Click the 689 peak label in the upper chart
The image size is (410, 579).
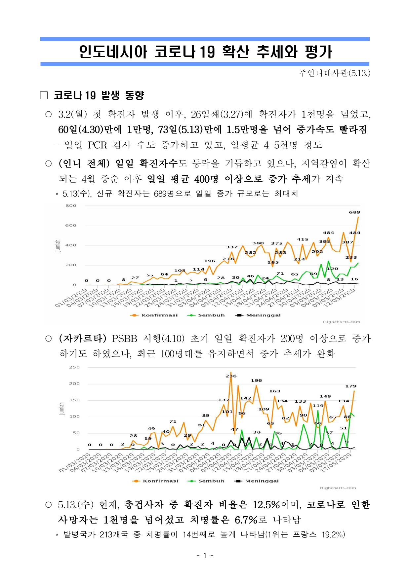[x=354, y=212]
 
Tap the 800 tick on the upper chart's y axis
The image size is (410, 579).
[x=71, y=205]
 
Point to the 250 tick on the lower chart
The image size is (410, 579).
[x=74, y=367]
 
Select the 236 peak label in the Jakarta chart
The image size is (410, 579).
[x=231, y=376]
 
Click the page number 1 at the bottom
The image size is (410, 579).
[x=205, y=556]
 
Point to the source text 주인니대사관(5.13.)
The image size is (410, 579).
[x=334, y=73]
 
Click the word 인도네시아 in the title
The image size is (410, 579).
[x=113, y=52]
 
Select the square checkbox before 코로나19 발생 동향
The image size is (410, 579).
[x=44, y=95]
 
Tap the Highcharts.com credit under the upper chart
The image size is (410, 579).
[x=341, y=322]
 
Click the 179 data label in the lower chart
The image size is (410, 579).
[x=351, y=386]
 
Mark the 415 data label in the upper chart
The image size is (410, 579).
[x=303, y=239]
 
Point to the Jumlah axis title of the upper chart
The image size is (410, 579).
[x=58, y=246]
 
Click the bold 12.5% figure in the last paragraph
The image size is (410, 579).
[x=266, y=505]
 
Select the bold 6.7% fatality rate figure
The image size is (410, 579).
[x=246, y=520]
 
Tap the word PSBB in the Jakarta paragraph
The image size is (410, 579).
[x=124, y=339]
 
